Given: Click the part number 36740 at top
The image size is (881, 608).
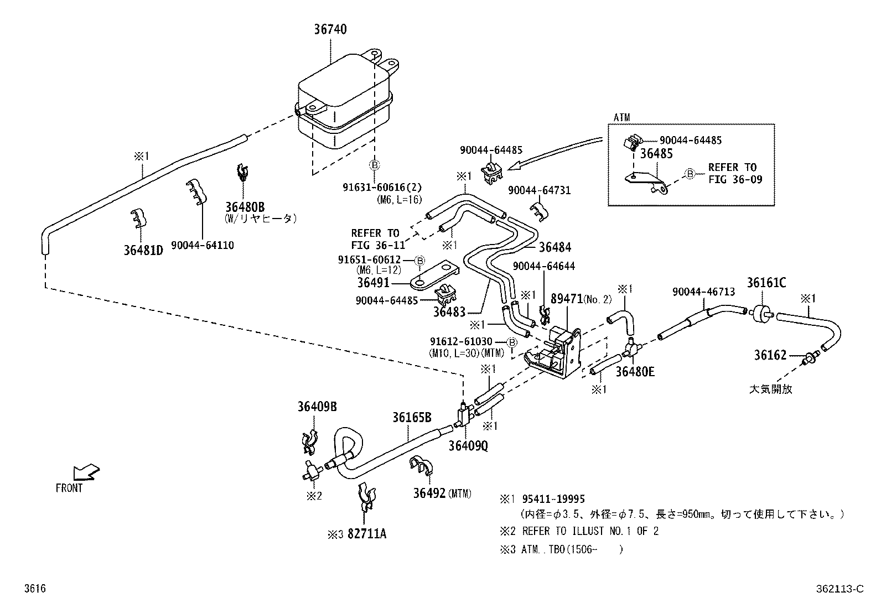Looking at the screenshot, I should click(330, 30).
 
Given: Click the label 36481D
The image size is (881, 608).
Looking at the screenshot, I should click(143, 250).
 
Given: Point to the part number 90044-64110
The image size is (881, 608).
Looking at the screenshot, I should click(202, 245).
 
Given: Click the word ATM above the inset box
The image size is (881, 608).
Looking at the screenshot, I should click(621, 117).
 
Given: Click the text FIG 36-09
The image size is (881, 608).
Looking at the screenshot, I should click(735, 179).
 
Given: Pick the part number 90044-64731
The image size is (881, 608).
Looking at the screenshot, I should click(539, 190).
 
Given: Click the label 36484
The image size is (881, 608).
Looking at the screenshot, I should click(555, 247).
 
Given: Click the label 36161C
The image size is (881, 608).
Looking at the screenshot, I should click(766, 283).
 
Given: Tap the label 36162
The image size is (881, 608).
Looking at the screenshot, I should click(770, 355).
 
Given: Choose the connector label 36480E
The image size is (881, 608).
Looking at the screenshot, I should click(635, 372).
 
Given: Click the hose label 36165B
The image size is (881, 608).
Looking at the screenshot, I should click(412, 417).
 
